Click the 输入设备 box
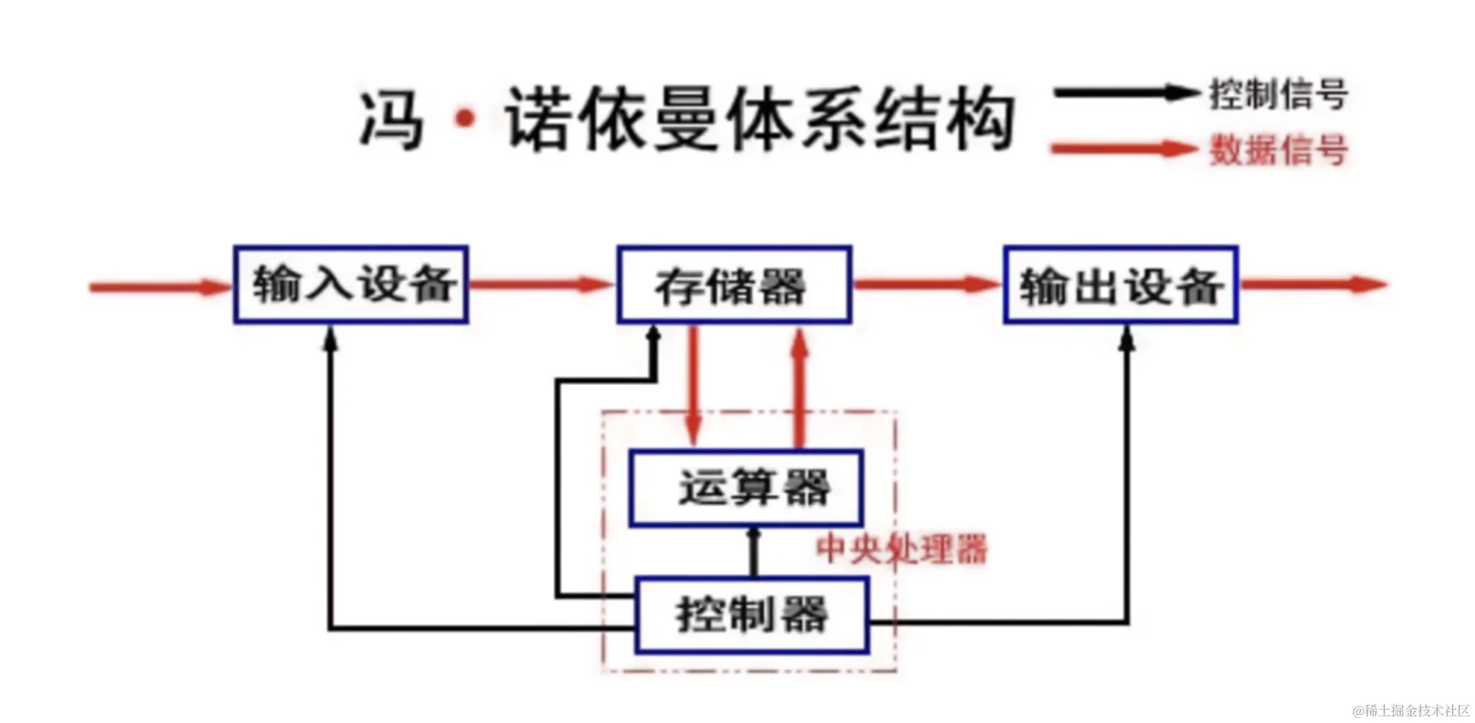click(351, 285)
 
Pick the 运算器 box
click(746, 488)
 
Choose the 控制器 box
click(752, 615)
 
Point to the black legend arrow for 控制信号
click(1125, 93)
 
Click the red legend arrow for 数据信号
click(1125, 149)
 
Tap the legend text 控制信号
click(1279, 94)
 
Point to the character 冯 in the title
click(392, 120)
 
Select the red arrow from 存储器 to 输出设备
click(928, 284)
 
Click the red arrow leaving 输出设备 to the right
click(1313, 284)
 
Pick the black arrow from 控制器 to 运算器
click(753, 552)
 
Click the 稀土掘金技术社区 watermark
click(1411, 710)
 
